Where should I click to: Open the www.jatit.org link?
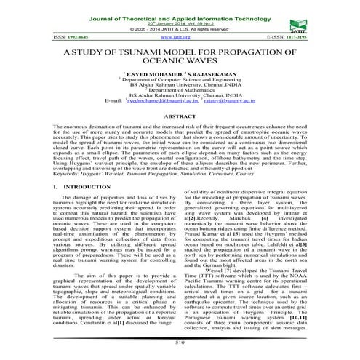click(169, 35)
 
